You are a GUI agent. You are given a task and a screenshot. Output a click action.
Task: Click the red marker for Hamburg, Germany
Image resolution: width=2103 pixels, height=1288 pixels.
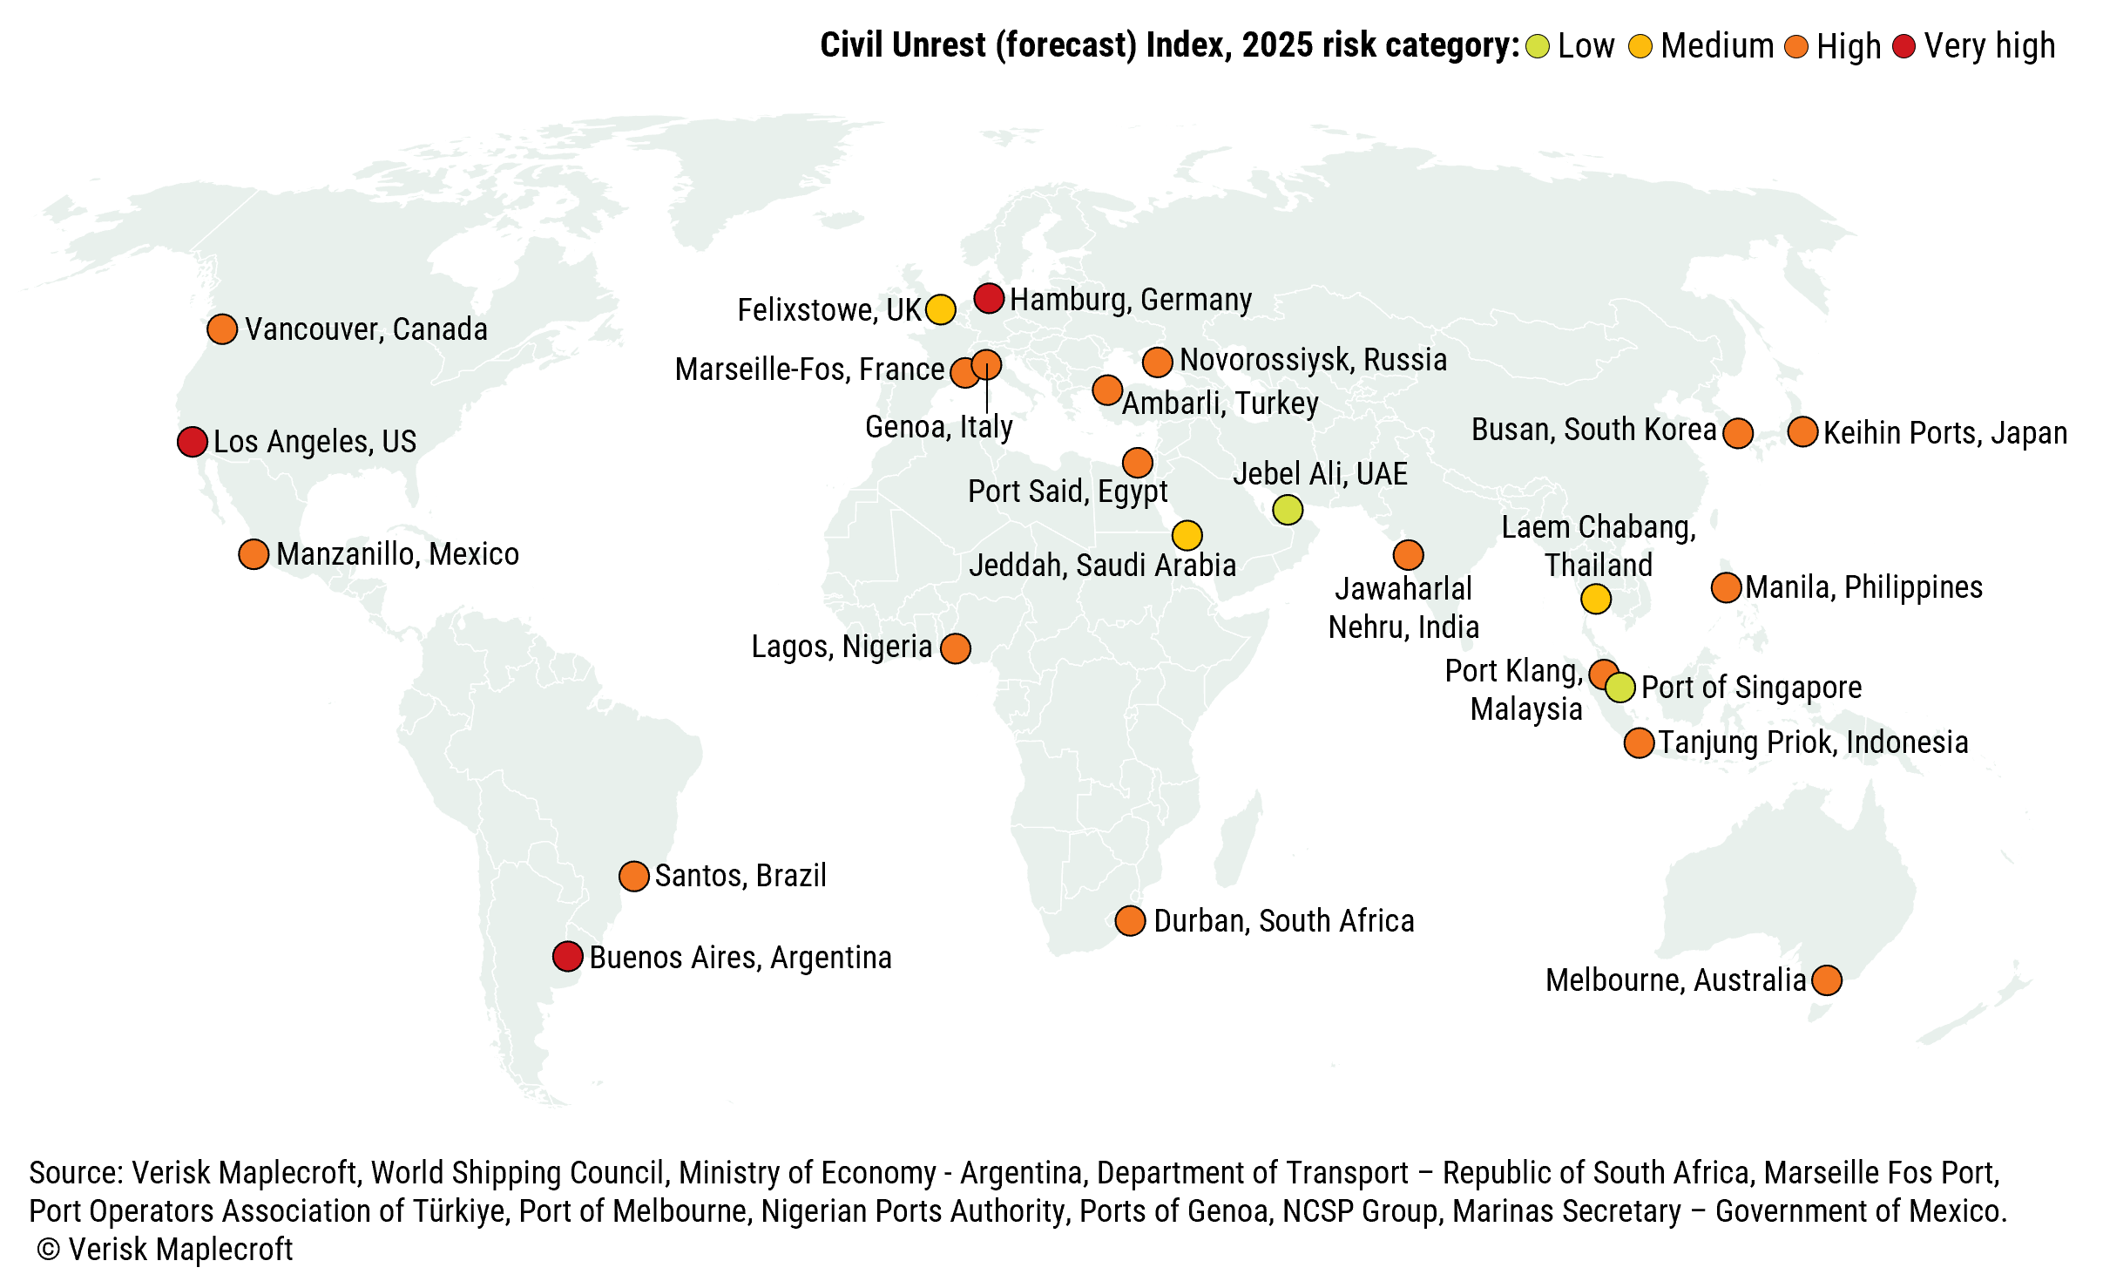click(x=989, y=298)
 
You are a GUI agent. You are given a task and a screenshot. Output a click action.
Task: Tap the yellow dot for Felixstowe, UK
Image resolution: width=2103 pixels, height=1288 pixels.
click(x=940, y=309)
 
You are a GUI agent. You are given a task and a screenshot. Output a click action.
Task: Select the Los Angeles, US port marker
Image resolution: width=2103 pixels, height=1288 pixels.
click(x=192, y=442)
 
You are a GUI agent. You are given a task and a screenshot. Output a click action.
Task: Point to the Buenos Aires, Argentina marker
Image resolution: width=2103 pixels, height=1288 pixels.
click(x=567, y=956)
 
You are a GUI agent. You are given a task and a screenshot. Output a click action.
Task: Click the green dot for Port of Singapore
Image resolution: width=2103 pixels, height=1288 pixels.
click(x=1620, y=688)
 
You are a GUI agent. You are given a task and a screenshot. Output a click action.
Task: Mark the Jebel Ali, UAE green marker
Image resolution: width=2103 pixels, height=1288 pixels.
click(x=1288, y=509)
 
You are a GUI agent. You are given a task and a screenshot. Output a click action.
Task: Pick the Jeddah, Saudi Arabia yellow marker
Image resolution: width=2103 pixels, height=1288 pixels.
click(x=1187, y=535)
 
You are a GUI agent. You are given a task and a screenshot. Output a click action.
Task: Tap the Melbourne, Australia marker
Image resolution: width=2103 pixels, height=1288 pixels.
click(x=1827, y=980)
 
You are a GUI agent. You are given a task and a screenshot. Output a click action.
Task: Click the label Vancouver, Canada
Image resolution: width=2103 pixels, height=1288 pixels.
click(x=366, y=329)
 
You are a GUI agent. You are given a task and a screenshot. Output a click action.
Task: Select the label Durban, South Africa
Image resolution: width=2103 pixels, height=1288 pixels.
click(x=1283, y=921)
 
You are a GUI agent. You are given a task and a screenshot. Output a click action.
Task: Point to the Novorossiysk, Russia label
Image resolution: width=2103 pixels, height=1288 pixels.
click(x=1313, y=360)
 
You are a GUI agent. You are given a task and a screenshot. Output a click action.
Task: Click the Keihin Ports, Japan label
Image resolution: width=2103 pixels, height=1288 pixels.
click(x=1944, y=433)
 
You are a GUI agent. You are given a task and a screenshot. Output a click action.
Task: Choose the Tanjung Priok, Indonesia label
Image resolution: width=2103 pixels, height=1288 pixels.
click(x=1813, y=742)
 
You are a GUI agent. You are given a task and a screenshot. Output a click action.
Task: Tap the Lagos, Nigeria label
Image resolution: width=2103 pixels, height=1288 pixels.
click(x=842, y=647)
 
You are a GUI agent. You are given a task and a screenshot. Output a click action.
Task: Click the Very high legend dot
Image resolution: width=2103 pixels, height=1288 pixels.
click(x=1904, y=46)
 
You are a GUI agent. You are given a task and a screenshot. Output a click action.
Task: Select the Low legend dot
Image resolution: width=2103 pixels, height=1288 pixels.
click(x=1538, y=46)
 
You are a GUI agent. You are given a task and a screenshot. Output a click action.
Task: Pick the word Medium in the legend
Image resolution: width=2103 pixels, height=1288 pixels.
click(x=1717, y=46)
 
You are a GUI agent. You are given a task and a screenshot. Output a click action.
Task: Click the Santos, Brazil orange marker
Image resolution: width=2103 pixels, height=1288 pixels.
click(x=634, y=876)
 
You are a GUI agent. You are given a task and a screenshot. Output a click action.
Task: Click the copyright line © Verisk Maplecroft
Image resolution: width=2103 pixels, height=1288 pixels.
click(x=166, y=1250)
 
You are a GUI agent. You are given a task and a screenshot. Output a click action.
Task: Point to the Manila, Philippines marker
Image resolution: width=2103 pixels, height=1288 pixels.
click(x=1726, y=587)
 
